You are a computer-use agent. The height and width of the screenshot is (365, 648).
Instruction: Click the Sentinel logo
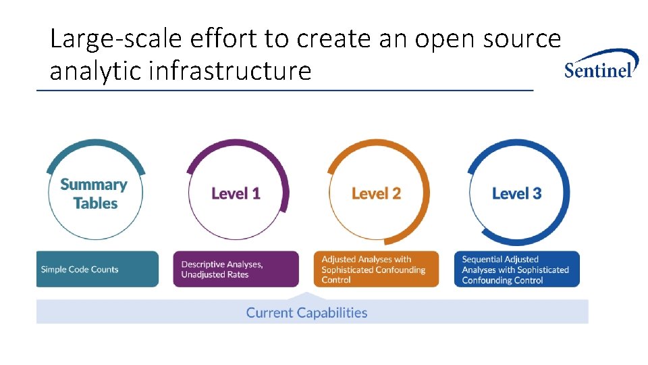(600, 65)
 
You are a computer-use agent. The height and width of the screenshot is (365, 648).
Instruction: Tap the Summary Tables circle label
(94, 194)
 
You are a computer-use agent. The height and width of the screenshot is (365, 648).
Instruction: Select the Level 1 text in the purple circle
(236, 194)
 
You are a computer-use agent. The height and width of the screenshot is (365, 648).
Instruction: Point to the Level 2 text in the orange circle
(376, 194)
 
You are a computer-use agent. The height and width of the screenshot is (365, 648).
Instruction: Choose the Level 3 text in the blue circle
(516, 194)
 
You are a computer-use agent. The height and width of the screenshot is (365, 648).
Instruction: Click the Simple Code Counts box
(97, 269)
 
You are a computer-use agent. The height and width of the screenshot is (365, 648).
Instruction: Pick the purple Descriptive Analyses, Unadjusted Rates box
(236, 269)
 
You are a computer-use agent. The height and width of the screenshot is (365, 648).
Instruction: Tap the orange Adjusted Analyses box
(376, 269)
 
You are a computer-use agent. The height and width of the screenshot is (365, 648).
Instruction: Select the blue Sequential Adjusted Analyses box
(520, 269)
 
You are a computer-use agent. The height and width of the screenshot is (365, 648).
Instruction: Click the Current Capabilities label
(306, 313)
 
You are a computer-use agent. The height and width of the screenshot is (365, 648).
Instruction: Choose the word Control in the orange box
(336, 280)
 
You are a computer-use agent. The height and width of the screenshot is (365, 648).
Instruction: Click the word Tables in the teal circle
(95, 203)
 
